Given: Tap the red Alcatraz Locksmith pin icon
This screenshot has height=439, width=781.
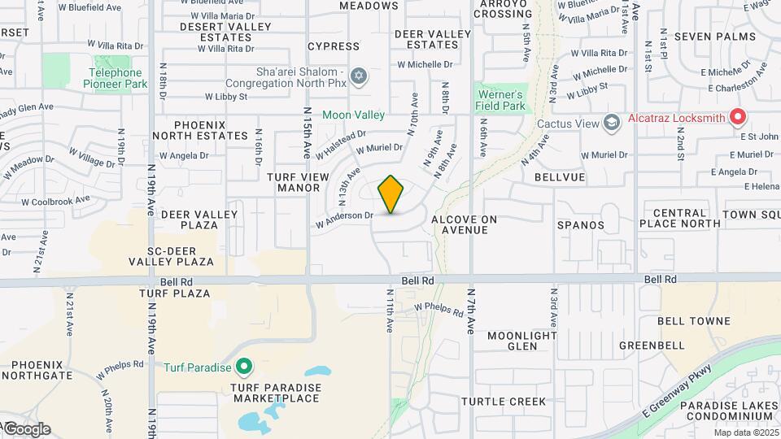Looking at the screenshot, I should (738, 118).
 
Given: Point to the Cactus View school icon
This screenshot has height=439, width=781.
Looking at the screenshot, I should (610, 123).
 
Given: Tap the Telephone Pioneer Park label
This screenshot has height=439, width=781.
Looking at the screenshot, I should (116, 78).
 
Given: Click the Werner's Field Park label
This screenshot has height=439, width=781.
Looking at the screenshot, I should (500, 100).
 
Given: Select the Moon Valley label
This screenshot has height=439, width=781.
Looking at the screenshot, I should (353, 115).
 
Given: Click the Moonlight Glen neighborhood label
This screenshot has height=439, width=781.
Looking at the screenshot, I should (521, 341).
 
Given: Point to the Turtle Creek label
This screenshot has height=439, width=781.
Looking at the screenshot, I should (504, 402).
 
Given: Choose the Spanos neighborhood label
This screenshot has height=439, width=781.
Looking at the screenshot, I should (581, 224).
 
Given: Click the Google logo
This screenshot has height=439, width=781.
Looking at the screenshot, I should (27, 428).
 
